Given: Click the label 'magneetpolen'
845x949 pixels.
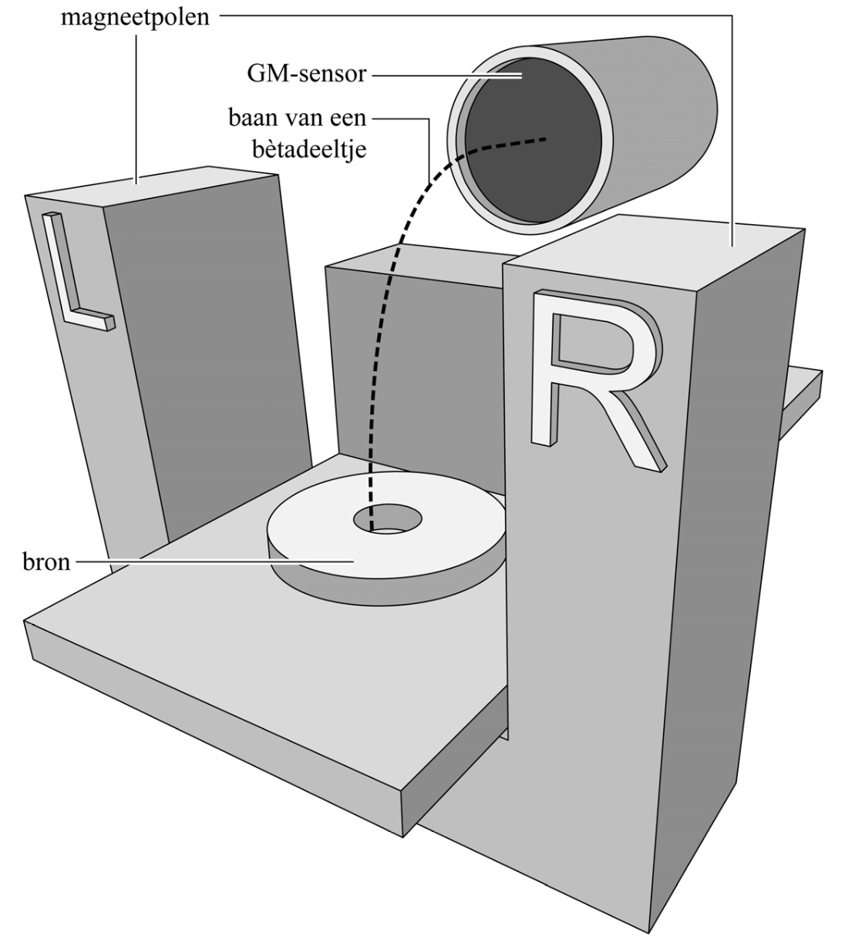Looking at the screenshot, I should (136, 17).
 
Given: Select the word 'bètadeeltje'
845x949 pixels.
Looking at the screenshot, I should (308, 148).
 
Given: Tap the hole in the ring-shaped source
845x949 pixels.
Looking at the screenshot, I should (388, 519).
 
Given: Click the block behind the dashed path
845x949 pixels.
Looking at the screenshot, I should (432, 370).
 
